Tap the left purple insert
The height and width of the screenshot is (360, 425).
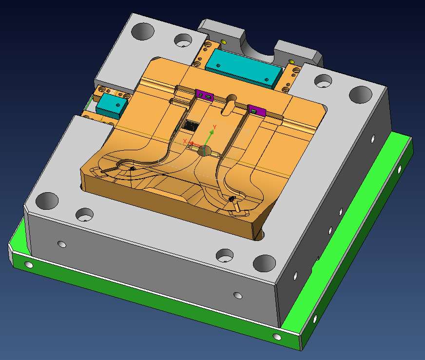(205, 95)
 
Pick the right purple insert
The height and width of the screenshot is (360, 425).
(256, 110)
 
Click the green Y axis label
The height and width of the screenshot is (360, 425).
(214, 127)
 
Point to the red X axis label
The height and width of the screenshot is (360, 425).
(185, 141)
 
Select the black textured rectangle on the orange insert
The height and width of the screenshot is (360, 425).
(191, 125)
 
